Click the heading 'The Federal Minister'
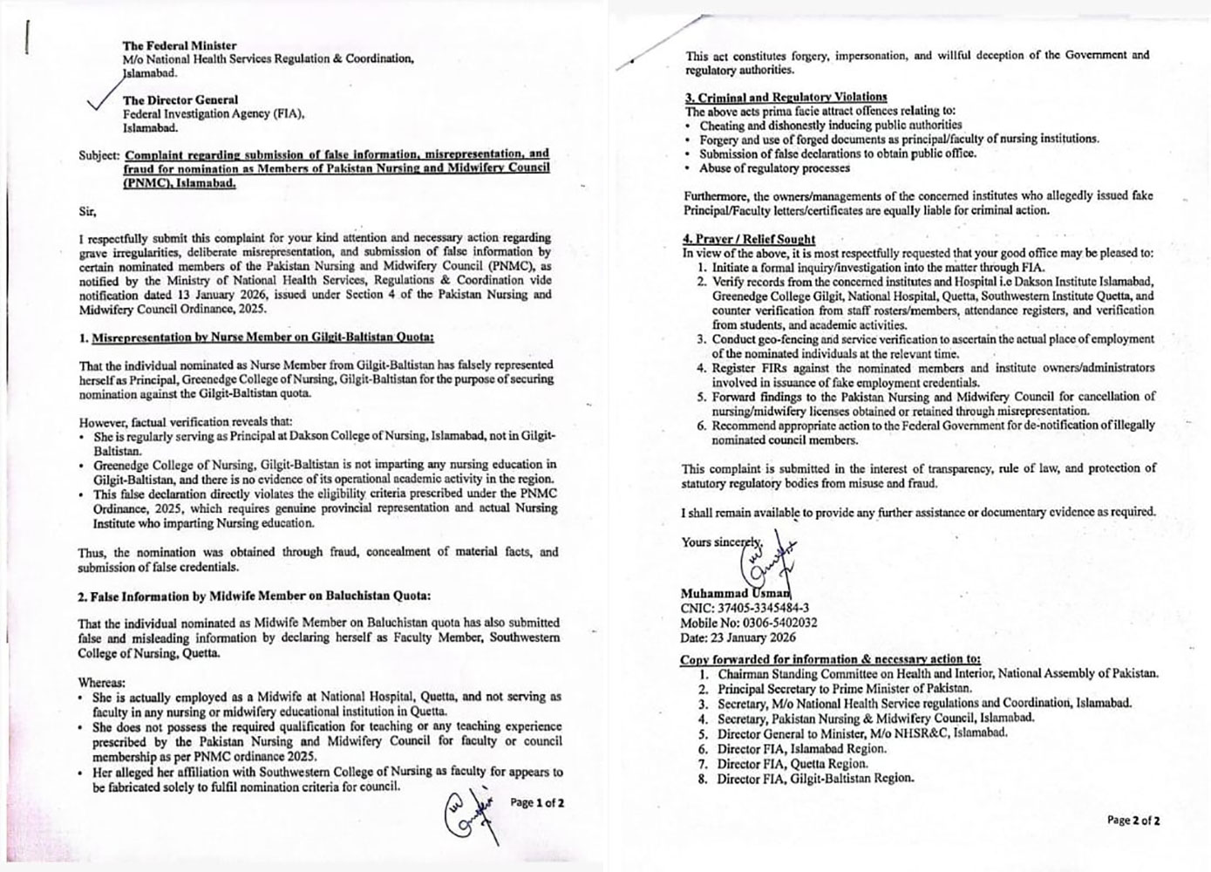coord(179,45)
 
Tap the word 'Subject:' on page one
coord(99,155)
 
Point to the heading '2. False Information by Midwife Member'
coord(254,596)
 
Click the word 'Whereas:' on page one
coord(101,682)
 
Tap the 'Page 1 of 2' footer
coord(537,802)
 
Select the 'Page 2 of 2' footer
coord(1133,820)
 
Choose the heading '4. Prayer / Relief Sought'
coord(749,238)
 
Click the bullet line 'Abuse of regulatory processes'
coord(774,168)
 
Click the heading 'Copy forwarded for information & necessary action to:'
coord(830,659)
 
